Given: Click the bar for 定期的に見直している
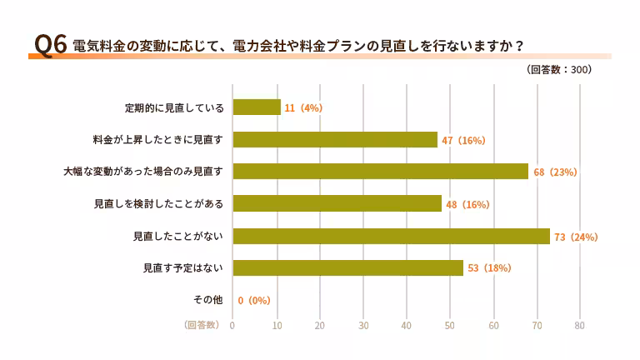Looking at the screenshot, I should coord(257,107).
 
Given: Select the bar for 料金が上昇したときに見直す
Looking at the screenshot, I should coord(335,139).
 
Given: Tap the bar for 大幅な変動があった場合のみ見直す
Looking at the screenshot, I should coord(381,172).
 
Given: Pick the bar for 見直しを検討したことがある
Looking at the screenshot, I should coord(337,203).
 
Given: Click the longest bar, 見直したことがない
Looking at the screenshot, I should coord(392,236).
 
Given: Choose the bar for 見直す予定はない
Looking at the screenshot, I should coord(348,267).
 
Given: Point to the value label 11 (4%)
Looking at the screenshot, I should coord(303,108).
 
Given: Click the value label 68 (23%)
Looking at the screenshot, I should coord(555,172).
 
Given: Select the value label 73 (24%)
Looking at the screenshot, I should coord(577,237).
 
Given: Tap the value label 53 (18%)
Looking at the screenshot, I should coord(489,268).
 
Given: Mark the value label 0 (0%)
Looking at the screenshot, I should coord(254,301).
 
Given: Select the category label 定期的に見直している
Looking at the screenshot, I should coord(175,108).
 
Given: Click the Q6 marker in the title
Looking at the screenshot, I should coord(49,44).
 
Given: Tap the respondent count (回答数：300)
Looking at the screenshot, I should coord(559,70).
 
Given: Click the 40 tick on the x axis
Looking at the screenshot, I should coord(407,325).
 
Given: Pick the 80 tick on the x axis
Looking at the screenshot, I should coord(580,325).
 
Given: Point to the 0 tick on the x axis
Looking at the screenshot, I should coord(232,325).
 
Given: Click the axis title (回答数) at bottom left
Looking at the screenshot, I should coord(202,325).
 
